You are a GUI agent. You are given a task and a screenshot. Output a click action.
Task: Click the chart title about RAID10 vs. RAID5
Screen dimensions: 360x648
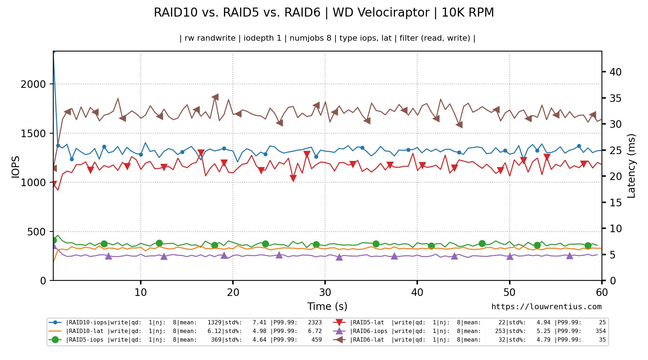[324, 13]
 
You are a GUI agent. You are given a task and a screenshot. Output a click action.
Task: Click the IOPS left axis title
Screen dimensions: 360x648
[15, 167]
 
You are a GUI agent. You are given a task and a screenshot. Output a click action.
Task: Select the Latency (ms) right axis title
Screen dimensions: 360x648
[631, 166]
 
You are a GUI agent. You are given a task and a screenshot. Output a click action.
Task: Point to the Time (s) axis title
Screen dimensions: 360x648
[327, 307]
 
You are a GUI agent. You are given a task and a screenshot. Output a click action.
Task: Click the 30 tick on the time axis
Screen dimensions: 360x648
[325, 292]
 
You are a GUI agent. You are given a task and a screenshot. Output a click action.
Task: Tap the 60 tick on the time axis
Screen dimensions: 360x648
[602, 292]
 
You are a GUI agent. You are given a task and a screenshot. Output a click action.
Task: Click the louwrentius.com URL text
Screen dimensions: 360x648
[546, 307]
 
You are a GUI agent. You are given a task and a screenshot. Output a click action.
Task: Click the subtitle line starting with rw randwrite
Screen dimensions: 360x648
[327, 38]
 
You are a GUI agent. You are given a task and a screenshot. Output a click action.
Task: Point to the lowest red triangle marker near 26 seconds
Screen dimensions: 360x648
[293, 178]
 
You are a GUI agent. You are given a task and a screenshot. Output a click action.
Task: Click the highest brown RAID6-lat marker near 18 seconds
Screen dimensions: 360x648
[215, 97]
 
